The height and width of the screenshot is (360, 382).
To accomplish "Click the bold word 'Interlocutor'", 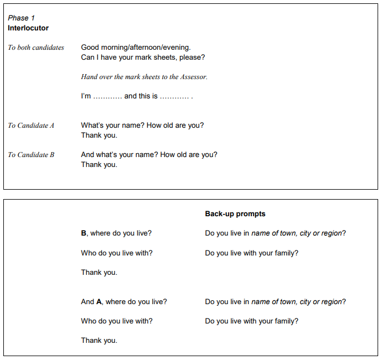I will [x=28, y=28].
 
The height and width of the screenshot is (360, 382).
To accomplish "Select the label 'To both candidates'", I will [x=36, y=48].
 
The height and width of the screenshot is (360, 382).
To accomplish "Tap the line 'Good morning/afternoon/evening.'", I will [x=136, y=48].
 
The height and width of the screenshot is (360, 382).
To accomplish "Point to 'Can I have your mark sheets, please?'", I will [x=143, y=58].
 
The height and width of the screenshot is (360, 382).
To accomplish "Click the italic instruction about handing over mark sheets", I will [x=144, y=77].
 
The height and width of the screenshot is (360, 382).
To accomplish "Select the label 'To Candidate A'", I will [x=31, y=126].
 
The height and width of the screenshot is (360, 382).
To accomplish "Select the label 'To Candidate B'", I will [x=31, y=155].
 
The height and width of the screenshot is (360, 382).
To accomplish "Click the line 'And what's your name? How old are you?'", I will [x=149, y=155].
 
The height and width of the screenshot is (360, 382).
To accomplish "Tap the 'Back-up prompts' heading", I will [x=235, y=214].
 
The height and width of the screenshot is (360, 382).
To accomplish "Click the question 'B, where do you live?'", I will [x=116, y=233].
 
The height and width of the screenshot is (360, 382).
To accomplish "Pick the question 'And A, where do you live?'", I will [x=124, y=302].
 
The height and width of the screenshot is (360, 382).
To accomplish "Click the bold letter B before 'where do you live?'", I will [x=84, y=233].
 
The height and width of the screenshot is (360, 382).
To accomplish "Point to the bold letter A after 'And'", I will [x=99, y=302].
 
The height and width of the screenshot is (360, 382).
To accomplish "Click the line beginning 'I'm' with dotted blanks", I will [x=137, y=96].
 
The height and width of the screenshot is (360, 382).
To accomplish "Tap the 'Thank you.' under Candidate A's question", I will [x=99, y=135].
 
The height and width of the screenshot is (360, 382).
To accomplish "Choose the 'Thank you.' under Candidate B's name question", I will [x=99, y=165].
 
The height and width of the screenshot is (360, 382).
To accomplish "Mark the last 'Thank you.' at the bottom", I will [x=99, y=341].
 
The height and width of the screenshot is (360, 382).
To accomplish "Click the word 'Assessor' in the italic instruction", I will [x=193, y=77].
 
